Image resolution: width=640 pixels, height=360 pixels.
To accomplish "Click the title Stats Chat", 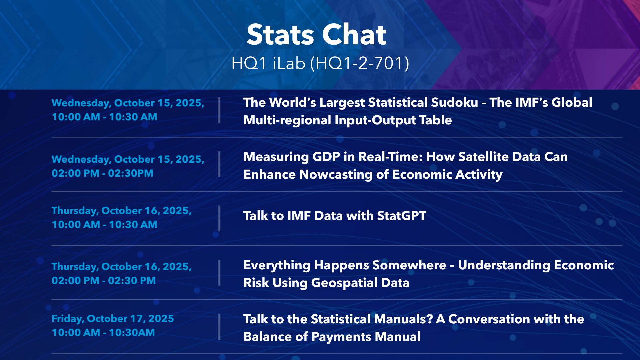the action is tap(316, 35).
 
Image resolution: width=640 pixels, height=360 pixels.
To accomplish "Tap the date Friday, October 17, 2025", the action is tap(113, 319).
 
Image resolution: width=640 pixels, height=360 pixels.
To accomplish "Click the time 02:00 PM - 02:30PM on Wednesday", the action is tap(102, 173).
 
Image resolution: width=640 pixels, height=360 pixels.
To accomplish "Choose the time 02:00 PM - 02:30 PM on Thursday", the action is tap(104, 281).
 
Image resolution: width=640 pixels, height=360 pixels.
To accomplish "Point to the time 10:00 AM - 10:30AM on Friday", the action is tap(103, 333).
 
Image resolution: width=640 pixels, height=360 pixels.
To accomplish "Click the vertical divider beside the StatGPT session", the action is tap(219, 218).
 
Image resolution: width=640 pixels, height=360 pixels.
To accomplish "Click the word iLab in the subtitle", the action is tap(289, 63).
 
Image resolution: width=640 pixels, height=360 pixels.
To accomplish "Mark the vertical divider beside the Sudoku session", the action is tap(219, 110).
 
